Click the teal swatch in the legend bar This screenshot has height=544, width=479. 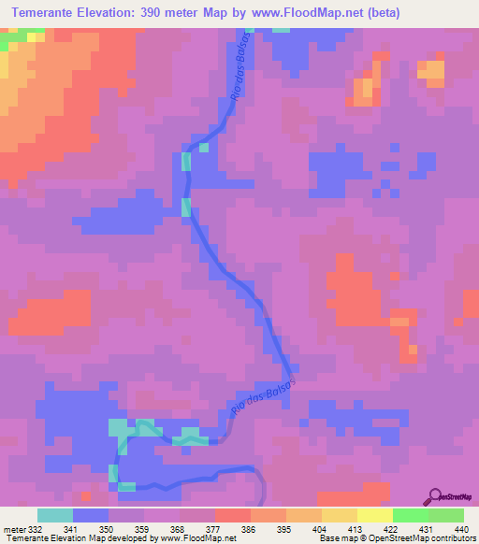[54, 515]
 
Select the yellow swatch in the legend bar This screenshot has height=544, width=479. [374, 515]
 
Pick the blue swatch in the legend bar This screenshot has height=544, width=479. [90, 515]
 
